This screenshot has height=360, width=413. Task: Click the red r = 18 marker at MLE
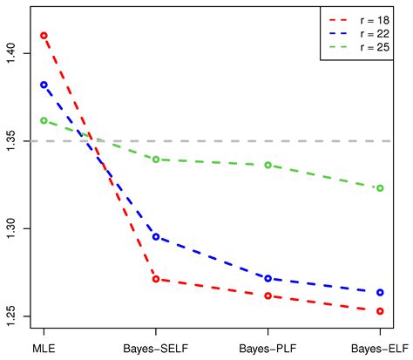[x=44, y=36]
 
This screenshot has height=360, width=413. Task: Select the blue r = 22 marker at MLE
[x=44, y=85]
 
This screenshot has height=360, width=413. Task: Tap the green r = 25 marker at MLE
[x=44, y=120]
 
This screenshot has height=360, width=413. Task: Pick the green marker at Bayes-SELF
[x=156, y=160]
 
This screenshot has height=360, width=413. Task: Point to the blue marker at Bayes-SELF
[x=156, y=237]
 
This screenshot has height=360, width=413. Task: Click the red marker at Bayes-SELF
[x=156, y=279]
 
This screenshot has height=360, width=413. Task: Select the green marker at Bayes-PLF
[x=268, y=165]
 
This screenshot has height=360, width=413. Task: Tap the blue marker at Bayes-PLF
[x=268, y=278]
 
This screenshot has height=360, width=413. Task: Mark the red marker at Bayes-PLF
[x=268, y=295]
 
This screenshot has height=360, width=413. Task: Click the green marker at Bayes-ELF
[x=380, y=188]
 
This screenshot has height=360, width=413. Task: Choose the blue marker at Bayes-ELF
[x=380, y=292]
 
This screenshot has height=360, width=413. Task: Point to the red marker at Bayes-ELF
[x=380, y=310]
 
